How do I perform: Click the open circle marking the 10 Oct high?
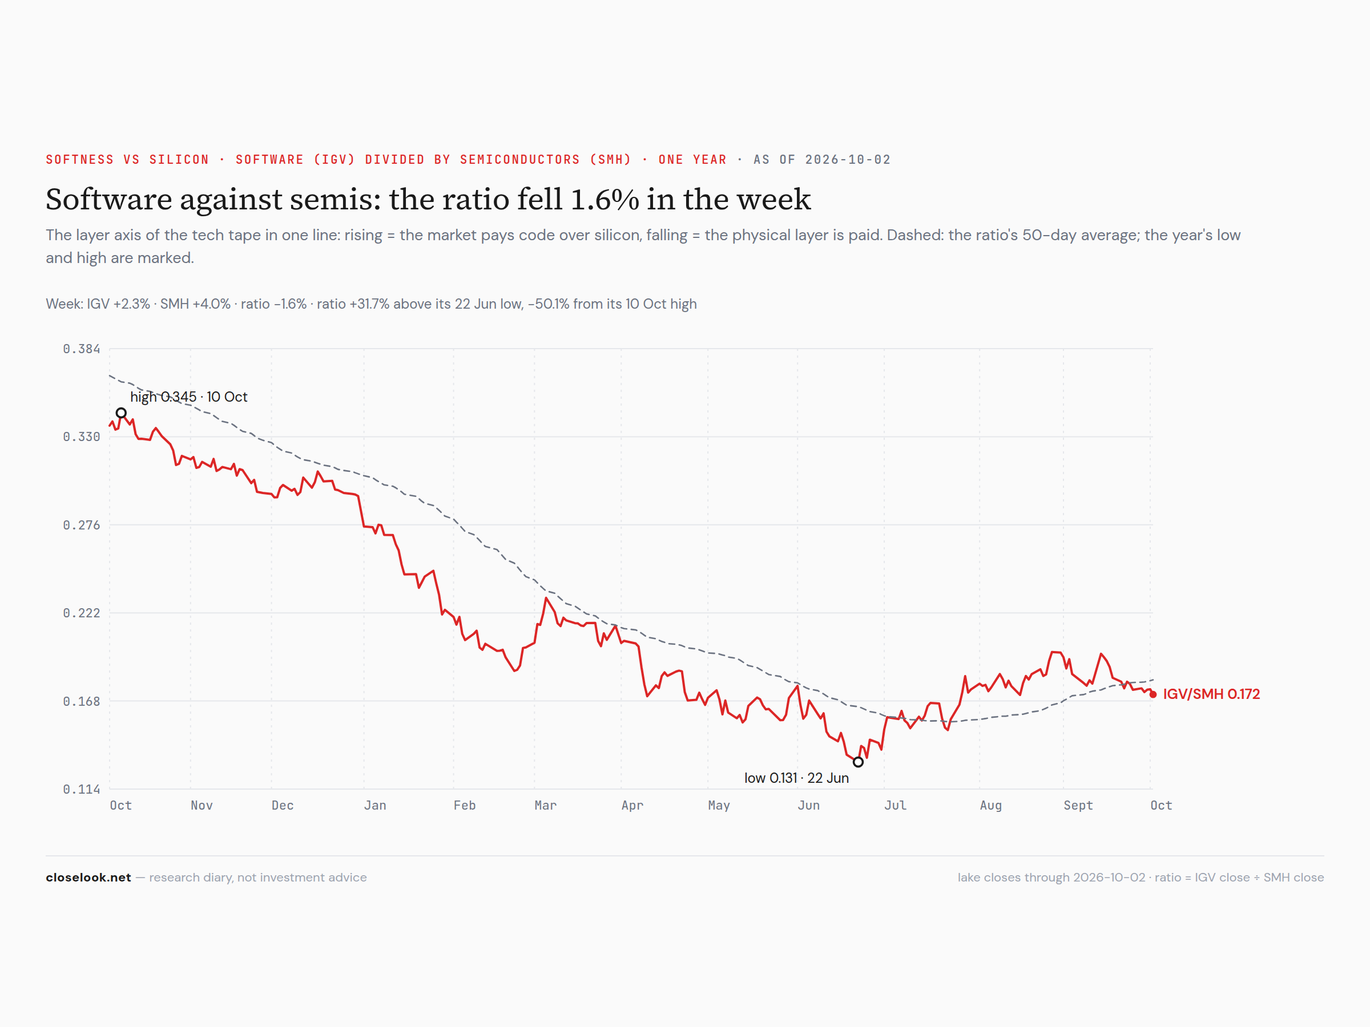(122, 413)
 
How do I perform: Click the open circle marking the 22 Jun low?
(858, 762)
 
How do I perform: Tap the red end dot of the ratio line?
(1153, 694)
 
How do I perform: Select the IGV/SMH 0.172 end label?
(1211, 694)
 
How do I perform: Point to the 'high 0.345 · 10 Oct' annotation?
(188, 397)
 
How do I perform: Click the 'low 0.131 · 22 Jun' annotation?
(796, 778)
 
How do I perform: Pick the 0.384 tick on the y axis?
(81, 349)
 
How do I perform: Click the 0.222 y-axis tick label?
(81, 613)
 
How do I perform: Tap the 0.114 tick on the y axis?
(81, 789)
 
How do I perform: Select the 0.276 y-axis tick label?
(81, 525)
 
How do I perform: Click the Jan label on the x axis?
(374, 806)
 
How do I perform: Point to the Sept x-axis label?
(1078, 806)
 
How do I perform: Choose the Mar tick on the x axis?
(546, 806)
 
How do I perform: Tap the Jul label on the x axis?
(895, 806)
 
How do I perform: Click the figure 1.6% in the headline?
(605, 199)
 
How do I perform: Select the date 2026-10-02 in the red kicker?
(848, 160)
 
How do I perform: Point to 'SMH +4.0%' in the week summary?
(195, 304)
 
